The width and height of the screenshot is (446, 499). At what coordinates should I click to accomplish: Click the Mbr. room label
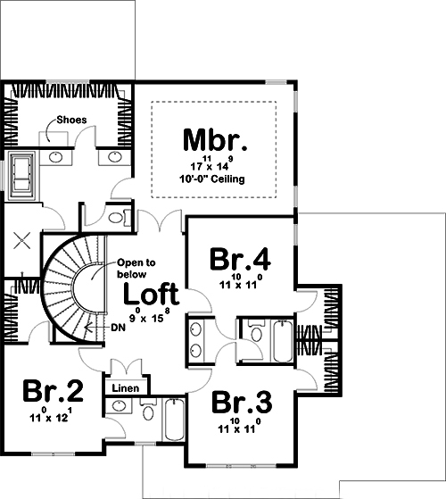214,141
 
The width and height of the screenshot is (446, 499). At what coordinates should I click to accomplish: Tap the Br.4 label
240,259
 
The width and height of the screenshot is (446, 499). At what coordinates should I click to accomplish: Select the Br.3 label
241,401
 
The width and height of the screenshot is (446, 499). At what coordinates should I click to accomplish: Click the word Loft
151,294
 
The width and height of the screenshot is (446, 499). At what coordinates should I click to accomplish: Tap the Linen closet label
128,388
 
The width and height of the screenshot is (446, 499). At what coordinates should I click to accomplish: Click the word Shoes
71,119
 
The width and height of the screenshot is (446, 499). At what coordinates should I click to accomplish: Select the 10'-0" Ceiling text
215,179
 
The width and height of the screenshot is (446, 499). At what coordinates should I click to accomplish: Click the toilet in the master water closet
118,218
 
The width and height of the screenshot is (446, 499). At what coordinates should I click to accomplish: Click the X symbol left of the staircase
23,239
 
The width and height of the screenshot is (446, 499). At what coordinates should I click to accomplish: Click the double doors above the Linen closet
126,366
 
